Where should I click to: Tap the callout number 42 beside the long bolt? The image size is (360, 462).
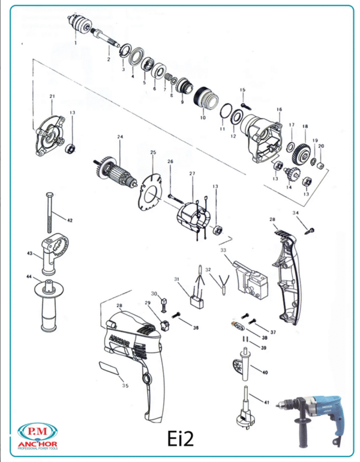pyautogui.click(x=70, y=221)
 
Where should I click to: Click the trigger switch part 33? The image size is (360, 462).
pyautogui.click(x=248, y=277)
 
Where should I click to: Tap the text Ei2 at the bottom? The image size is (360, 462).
pyautogui.click(x=181, y=439)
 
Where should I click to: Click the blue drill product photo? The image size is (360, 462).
pyautogui.click(x=311, y=419)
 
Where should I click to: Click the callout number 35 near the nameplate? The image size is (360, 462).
pyautogui.click(x=125, y=386)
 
